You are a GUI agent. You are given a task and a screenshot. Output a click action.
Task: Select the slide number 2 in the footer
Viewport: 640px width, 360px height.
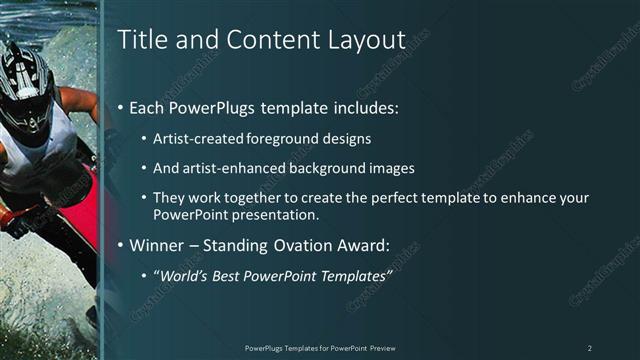(x=589, y=347)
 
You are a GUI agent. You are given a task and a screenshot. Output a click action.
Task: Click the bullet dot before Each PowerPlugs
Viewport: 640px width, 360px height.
(x=122, y=107)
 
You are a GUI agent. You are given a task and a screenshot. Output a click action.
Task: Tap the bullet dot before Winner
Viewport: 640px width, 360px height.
(x=122, y=244)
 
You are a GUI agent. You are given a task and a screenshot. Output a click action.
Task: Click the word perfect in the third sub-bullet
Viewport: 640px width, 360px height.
(x=405, y=199)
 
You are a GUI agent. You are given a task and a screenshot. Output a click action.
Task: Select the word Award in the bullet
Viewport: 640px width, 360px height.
(x=364, y=244)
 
